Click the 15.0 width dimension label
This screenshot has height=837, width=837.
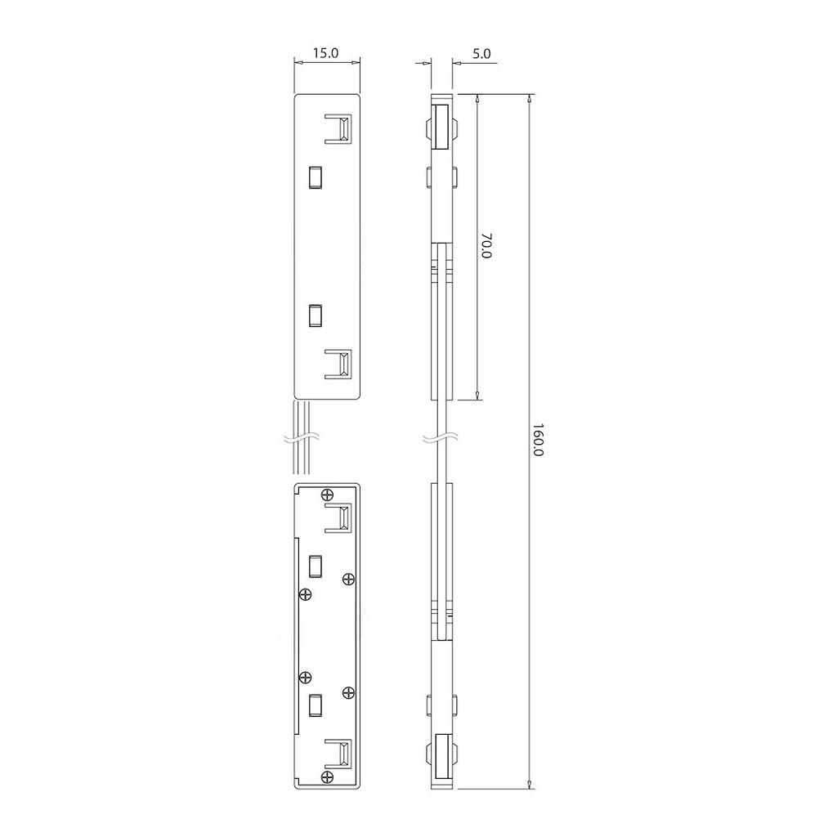pyautogui.click(x=325, y=53)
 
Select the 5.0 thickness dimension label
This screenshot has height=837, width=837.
pyautogui.click(x=481, y=53)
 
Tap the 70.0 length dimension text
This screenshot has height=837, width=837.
pyautogui.click(x=486, y=245)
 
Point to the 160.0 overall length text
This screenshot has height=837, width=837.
pyautogui.click(x=538, y=440)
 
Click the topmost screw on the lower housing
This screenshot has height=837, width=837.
pyautogui.click(x=328, y=495)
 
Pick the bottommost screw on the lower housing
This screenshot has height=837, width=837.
pyautogui.click(x=328, y=777)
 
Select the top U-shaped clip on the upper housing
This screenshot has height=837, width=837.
pyautogui.click(x=338, y=128)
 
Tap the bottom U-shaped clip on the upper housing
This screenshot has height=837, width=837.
pyautogui.click(x=338, y=364)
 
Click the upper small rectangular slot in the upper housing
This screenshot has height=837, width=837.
pyautogui.click(x=316, y=177)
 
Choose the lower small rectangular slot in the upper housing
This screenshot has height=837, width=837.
pyautogui.click(x=316, y=315)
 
